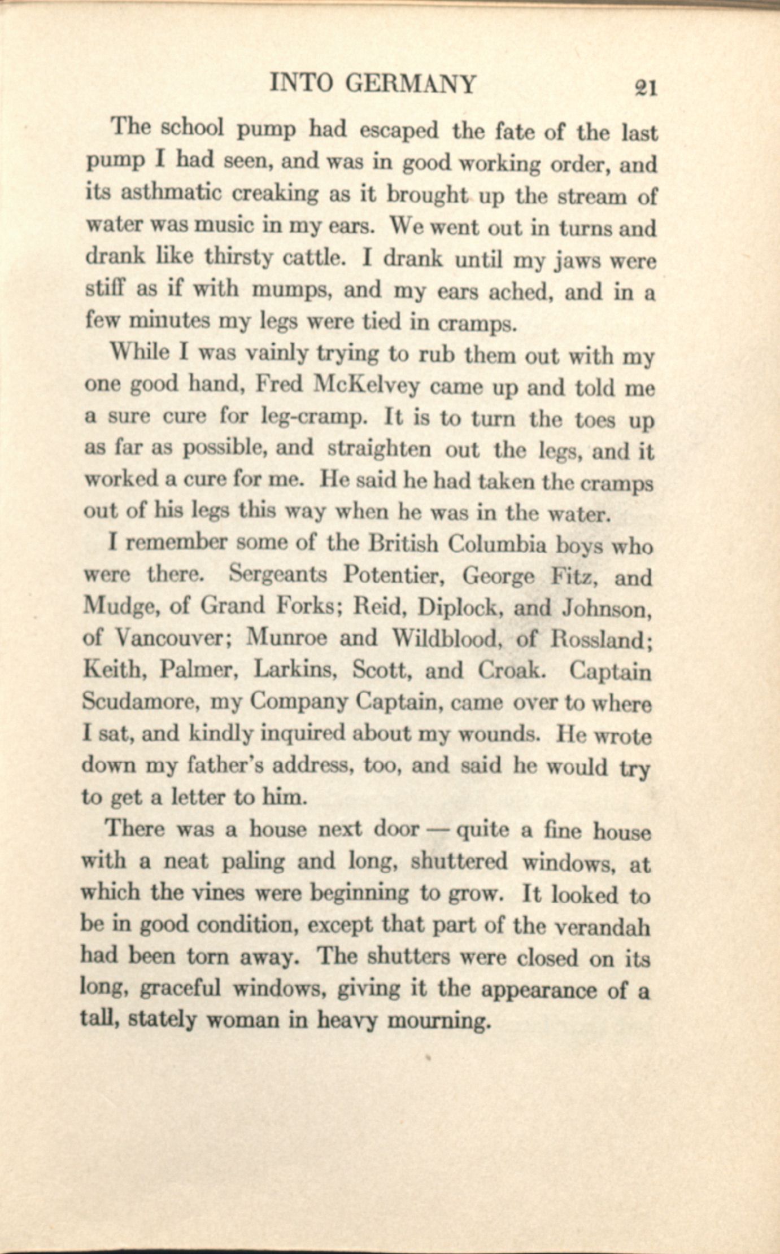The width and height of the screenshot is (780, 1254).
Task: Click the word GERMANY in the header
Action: [x=411, y=84]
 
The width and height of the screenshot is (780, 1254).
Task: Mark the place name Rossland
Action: [x=602, y=640]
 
